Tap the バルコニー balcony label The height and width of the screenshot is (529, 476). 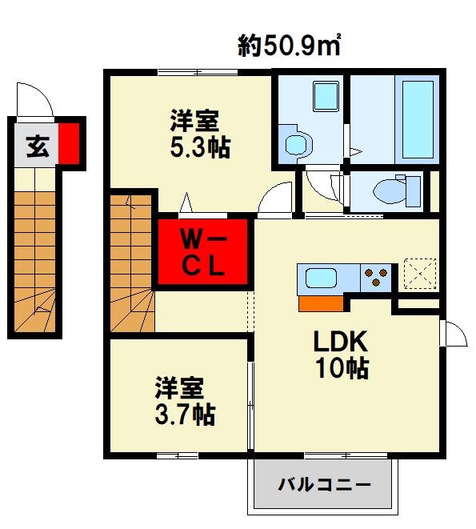click(324, 485)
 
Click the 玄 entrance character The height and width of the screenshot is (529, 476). click(36, 146)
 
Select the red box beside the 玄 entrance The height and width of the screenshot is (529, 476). click(70, 143)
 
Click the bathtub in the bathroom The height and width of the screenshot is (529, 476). click(415, 119)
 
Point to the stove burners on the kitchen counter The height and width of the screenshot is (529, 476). click(374, 279)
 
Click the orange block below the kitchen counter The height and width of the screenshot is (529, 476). click(321, 303)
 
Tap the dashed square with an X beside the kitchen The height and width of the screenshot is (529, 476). click(420, 272)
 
